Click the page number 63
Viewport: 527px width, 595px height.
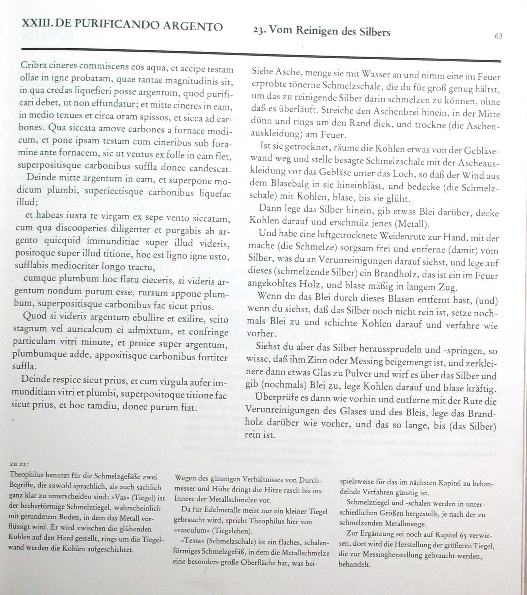pos(498,36)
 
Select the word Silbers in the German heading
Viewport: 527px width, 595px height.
pos(374,32)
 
